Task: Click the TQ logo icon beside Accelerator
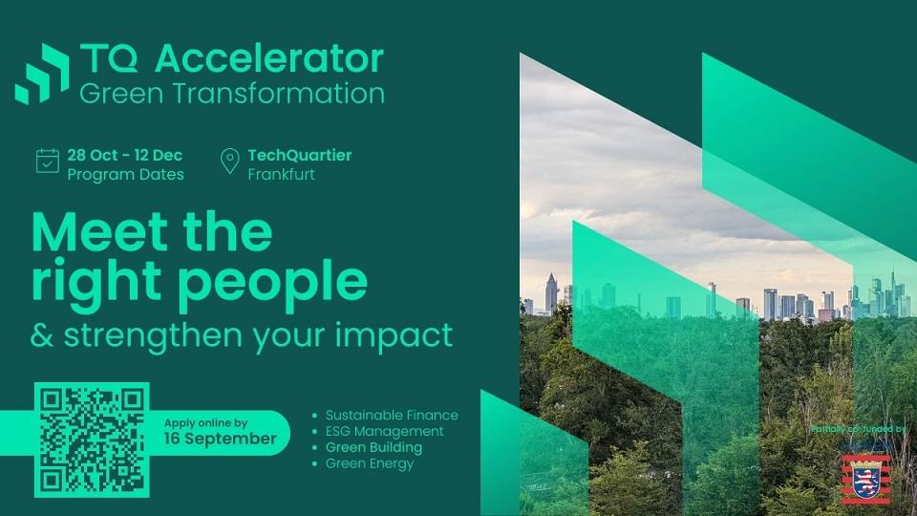coord(42,74)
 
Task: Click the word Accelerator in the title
coord(269,58)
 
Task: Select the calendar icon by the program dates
coord(48,161)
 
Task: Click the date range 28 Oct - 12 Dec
coord(124,155)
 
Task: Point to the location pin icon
coord(230,161)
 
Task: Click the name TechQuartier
coord(299,155)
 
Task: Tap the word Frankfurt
coord(281,174)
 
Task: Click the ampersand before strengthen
coord(41,335)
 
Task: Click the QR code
coord(92,440)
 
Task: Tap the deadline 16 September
coord(220,439)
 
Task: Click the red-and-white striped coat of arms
coord(866,480)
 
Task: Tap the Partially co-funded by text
coord(859,429)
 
